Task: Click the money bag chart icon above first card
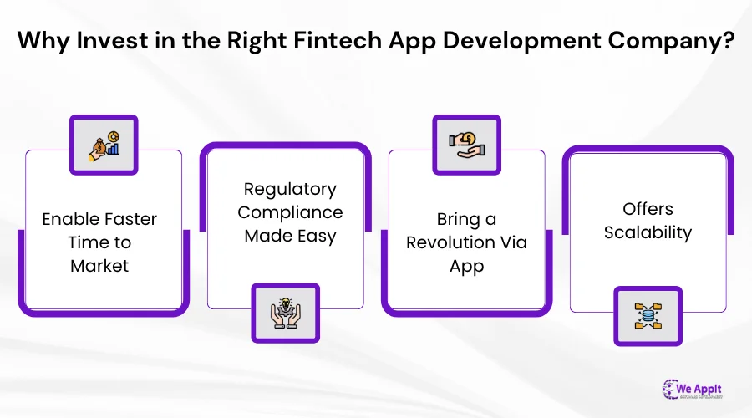104,145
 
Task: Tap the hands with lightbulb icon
285,313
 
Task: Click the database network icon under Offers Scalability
648,316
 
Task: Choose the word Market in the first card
99,267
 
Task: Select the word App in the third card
466,267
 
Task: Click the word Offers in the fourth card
648,209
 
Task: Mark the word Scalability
648,232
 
